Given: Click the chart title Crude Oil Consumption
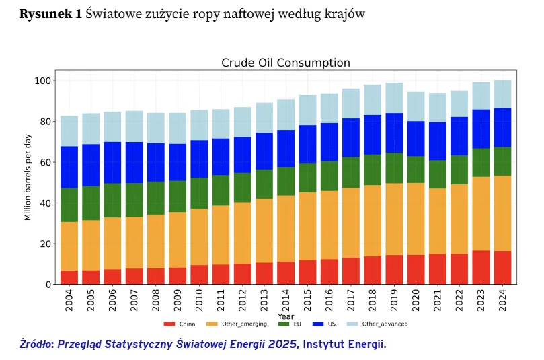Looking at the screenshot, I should pyautogui.click(x=286, y=63).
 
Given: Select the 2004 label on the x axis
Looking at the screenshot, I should pyautogui.click(x=69, y=301).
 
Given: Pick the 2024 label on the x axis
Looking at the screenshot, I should pyautogui.click(x=502, y=301).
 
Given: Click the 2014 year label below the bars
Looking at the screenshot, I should pyautogui.click(x=286, y=301).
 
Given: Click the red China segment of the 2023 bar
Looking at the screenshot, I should pyautogui.click(x=481, y=267).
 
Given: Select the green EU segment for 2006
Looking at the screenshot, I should pyautogui.click(x=112, y=201).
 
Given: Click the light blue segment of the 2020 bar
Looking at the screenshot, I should pyautogui.click(x=416, y=106).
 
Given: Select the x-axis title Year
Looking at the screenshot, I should pyautogui.click(x=286, y=315).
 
